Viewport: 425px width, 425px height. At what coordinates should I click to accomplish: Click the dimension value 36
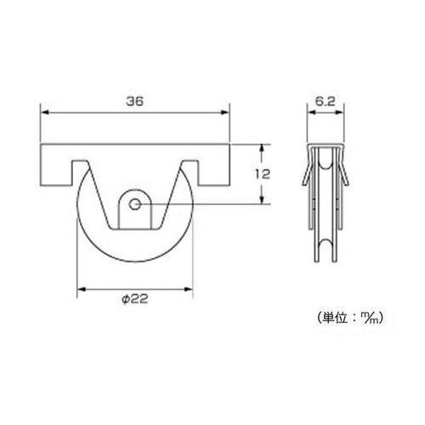(134, 101)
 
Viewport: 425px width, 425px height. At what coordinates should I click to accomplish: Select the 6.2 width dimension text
(326, 101)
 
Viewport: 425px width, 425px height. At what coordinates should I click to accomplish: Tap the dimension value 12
(263, 174)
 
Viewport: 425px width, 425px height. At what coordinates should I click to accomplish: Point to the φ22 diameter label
(135, 299)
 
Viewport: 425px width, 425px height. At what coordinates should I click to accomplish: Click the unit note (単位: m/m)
(351, 318)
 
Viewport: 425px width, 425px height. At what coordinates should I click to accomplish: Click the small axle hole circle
(134, 204)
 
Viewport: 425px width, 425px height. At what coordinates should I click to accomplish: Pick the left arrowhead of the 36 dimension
(45, 112)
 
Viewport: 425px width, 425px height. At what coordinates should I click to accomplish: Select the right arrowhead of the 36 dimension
(225, 112)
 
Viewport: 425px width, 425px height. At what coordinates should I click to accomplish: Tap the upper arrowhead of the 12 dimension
(263, 149)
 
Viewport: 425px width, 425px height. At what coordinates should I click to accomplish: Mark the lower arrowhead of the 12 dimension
(263, 200)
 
